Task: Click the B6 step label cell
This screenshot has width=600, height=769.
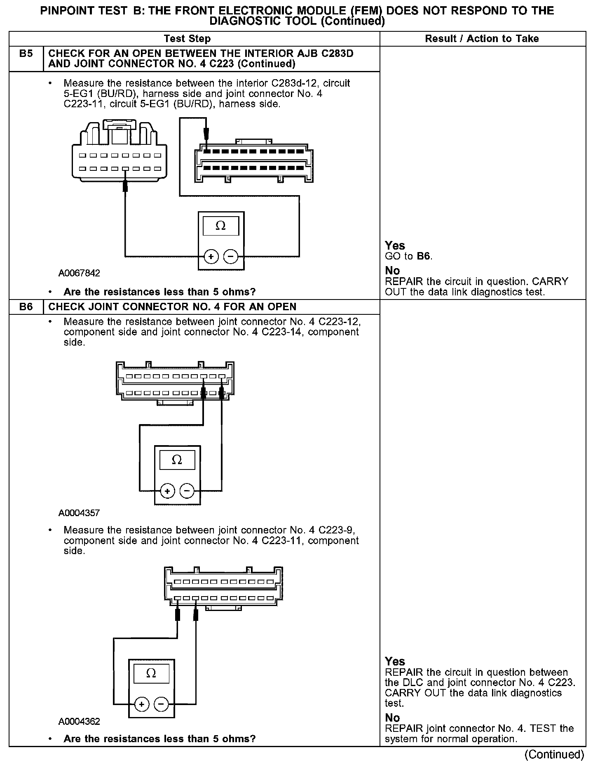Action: point(26,307)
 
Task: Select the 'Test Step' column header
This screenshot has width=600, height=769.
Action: point(187,39)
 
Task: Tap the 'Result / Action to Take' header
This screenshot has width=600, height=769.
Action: point(482,39)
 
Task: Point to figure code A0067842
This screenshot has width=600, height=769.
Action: point(79,273)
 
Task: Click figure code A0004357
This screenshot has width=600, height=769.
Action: point(79,513)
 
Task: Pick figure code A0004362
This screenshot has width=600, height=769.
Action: point(79,722)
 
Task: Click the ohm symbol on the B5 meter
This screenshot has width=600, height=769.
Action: point(220,226)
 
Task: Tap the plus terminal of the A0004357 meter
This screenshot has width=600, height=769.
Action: point(167,491)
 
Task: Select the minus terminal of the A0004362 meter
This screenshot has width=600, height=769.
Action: point(161,704)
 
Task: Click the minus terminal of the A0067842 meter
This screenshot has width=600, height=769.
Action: point(230,257)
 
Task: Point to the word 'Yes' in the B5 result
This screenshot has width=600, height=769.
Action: point(395,245)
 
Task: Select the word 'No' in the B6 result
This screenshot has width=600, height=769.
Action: point(392,718)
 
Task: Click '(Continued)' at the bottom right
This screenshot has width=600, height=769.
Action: point(554,755)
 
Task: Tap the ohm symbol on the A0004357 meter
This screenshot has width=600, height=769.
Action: point(177,460)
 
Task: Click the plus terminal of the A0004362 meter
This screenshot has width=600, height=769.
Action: point(141,704)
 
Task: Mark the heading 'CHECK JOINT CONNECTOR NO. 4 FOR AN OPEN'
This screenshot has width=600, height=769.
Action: point(172,307)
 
